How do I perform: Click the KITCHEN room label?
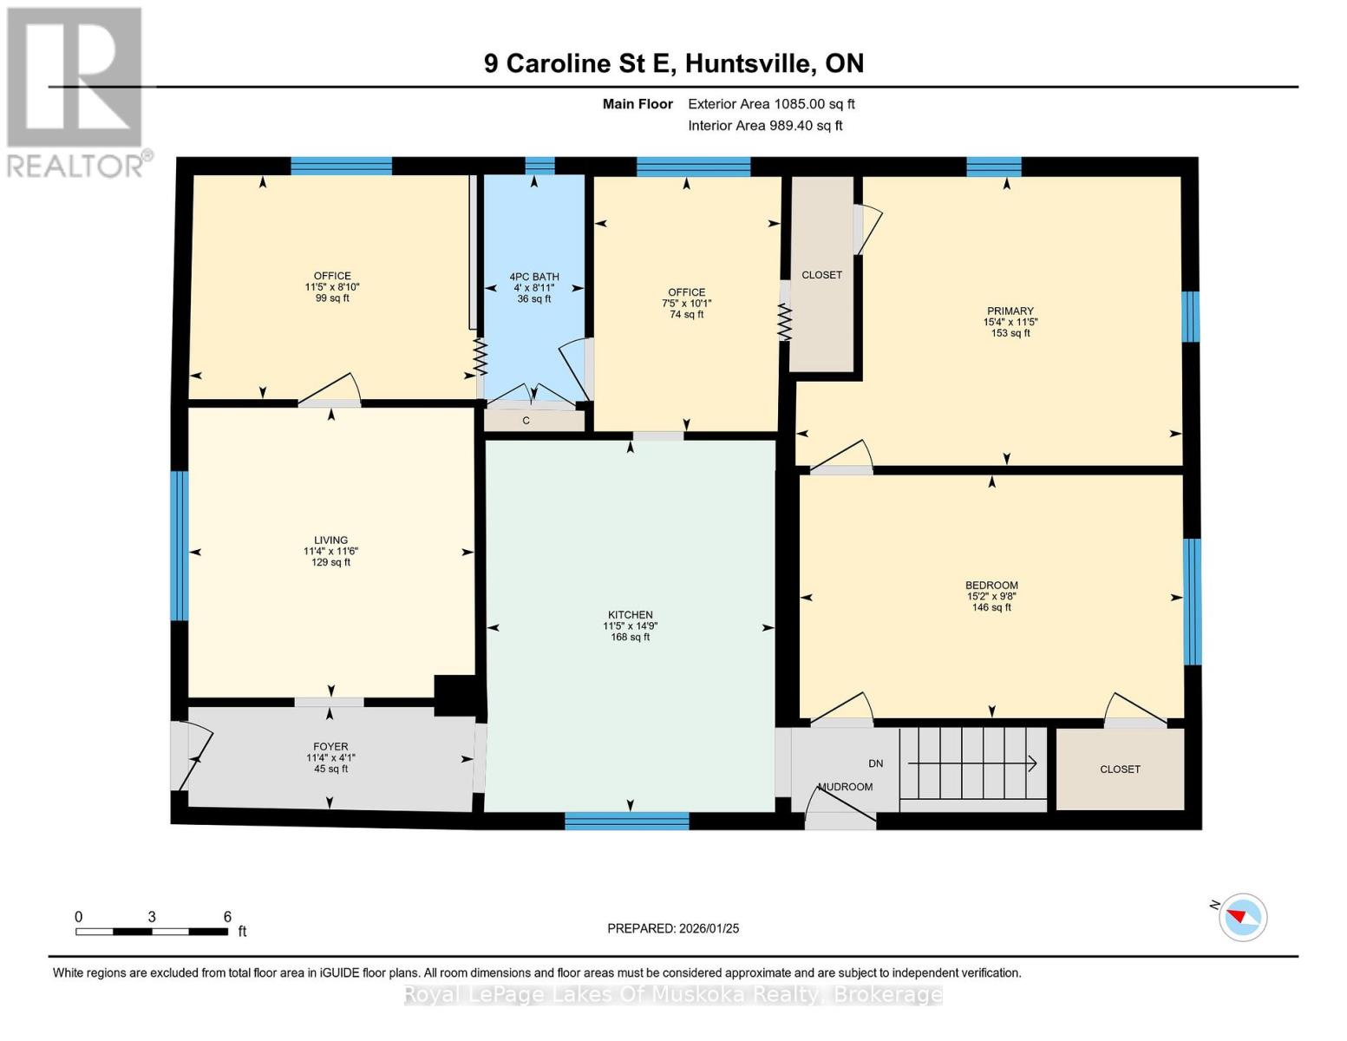pos(630,615)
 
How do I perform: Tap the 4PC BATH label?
pos(533,277)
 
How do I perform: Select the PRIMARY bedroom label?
pos(1010,311)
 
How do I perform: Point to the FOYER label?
pos(330,746)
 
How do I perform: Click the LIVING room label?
pos(330,540)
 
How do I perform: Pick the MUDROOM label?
pos(846,787)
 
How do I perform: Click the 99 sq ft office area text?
pos(332,298)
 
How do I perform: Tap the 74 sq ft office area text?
pos(686,314)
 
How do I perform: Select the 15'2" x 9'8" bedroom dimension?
pos(991,596)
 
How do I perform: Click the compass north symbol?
pos(1242,917)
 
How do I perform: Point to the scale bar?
pos(152,932)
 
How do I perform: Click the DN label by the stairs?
pos(875,763)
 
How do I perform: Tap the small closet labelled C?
pos(526,421)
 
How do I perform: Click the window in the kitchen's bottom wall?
pos(626,821)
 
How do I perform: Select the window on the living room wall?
pos(179,546)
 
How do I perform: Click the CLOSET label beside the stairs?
pos(1120,769)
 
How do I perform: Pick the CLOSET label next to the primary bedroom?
pos(821,275)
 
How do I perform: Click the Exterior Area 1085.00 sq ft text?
pos(771,104)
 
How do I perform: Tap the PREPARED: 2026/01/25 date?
pos(673,928)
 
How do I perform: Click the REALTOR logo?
pos(75,91)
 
